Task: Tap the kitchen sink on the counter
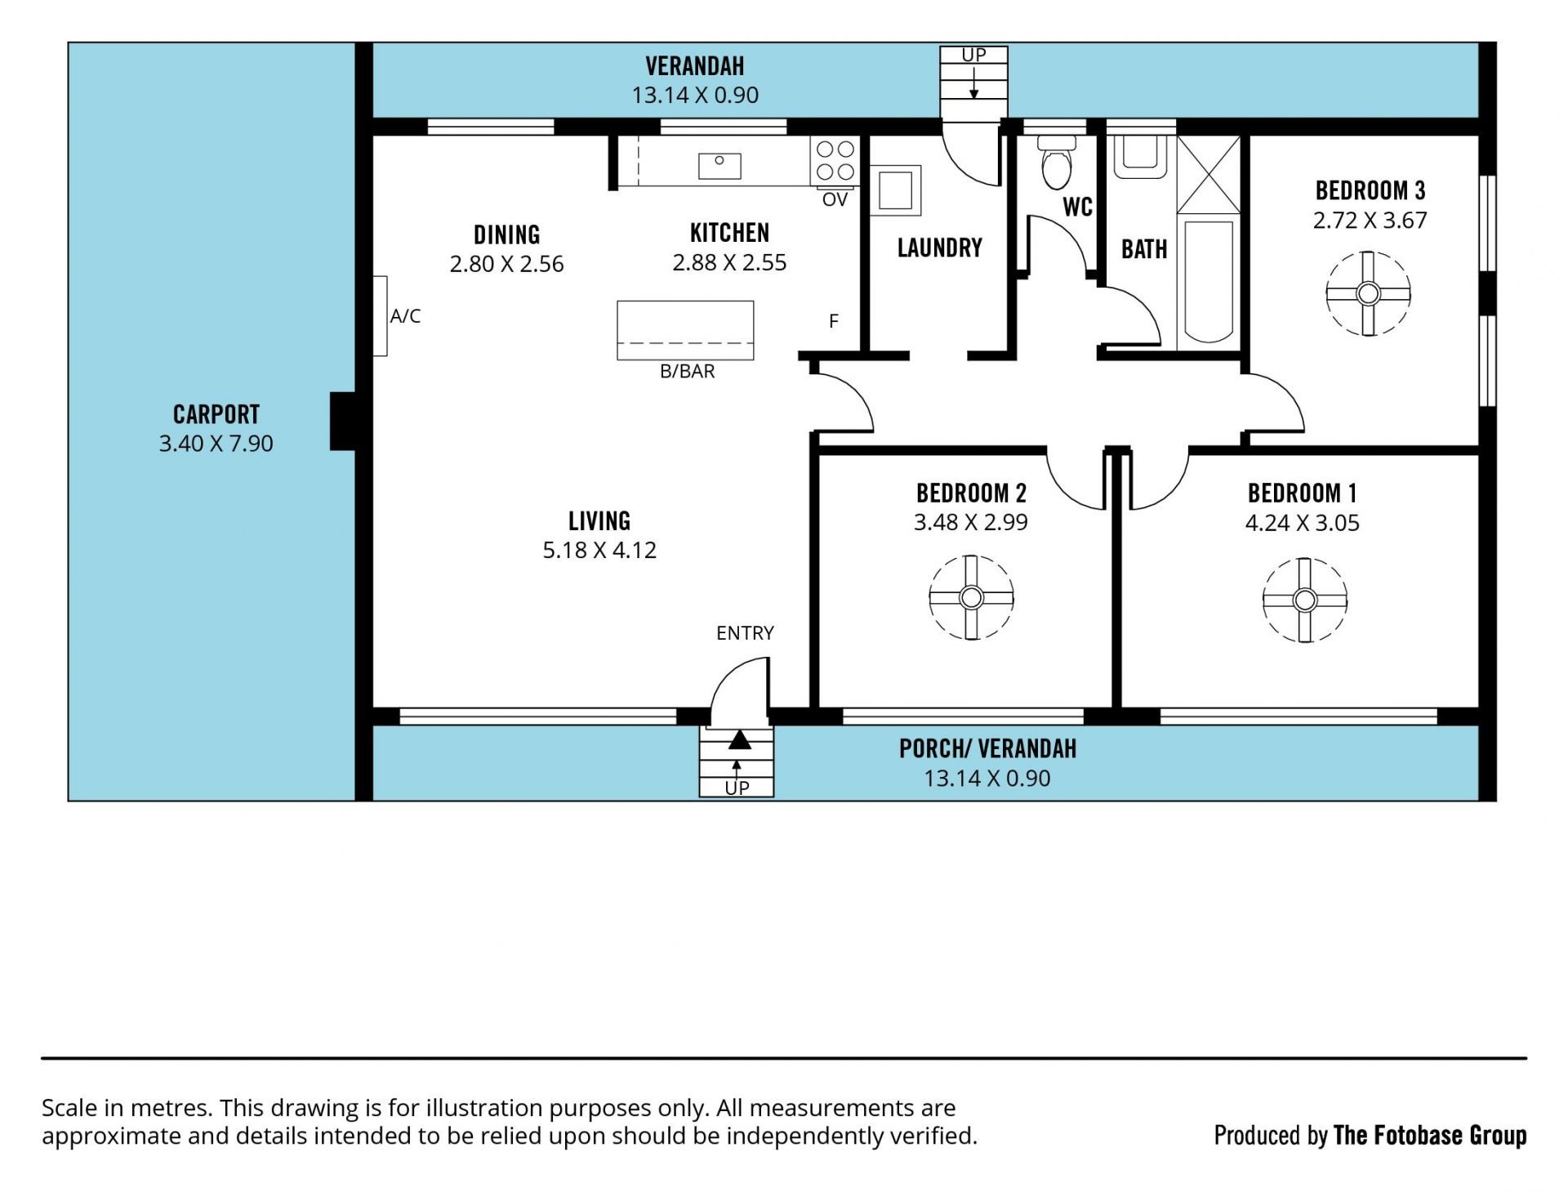(x=719, y=166)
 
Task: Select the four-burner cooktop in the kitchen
(x=835, y=161)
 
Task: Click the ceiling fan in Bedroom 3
(x=1368, y=293)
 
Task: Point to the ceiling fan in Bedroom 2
(x=971, y=598)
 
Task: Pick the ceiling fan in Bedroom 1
(x=1304, y=600)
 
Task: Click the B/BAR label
(x=688, y=372)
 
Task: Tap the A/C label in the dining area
(x=405, y=316)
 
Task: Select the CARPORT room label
(x=216, y=414)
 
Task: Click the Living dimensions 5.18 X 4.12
(x=599, y=550)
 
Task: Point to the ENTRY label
(x=745, y=633)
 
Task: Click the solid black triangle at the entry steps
(x=739, y=739)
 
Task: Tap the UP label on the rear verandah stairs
(x=973, y=55)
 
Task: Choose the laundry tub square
(x=896, y=191)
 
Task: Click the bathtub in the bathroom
(x=1209, y=280)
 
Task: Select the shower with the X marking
(x=1209, y=174)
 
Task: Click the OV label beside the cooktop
(x=835, y=200)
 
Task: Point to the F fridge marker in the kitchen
(x=834, y=321)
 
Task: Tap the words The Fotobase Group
(x=1430, y=1135)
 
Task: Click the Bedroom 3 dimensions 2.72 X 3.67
(x=1370, y=221)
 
